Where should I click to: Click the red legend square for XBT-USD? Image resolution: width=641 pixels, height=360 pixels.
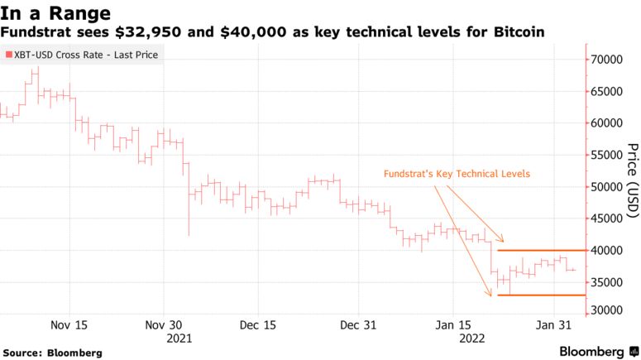tap(8, 55)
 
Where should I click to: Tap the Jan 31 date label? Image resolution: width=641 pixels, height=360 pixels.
tap(551, 325)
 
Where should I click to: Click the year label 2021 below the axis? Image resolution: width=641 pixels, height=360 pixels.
tap(179, 338)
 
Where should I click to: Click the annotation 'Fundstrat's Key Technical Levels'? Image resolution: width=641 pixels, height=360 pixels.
tap(456, 174)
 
